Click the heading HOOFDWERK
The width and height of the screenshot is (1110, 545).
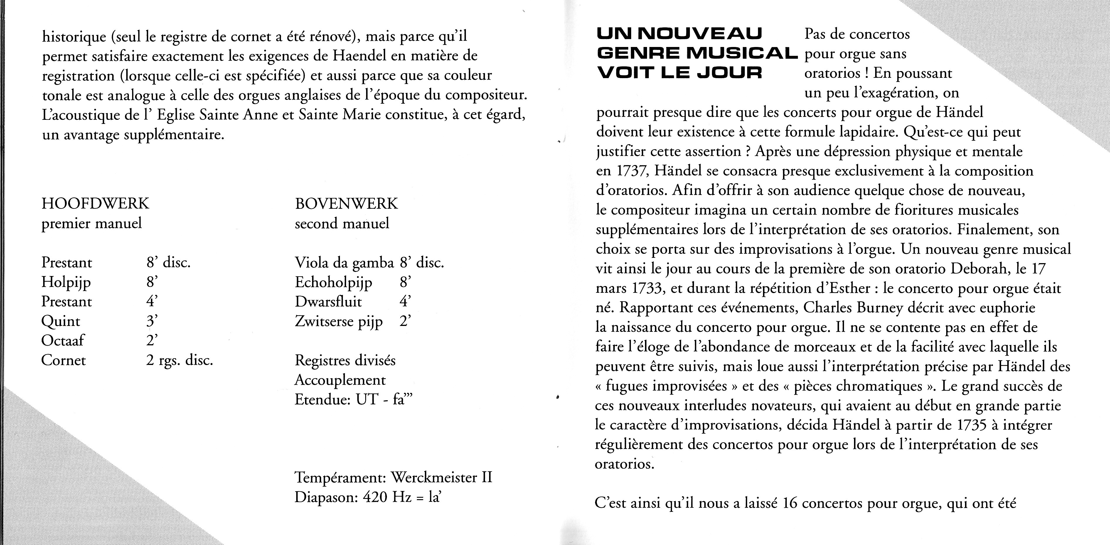click(x=95, y=203)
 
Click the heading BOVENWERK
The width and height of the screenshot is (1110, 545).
click(x=346, y=203)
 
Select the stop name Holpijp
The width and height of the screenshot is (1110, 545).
click(x=66, y=282)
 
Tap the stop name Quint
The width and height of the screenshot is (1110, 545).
click(x=61, y=322)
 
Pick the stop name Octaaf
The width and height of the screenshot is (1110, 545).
click(x=63, y=341)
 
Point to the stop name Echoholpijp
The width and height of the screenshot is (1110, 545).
click(x=333, y=282)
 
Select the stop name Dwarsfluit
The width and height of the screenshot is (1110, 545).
click(x=328, y=302)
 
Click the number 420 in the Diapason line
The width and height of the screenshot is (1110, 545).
click(x=375, y=497)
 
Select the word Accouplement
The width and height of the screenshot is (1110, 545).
click(x=340, y=380)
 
